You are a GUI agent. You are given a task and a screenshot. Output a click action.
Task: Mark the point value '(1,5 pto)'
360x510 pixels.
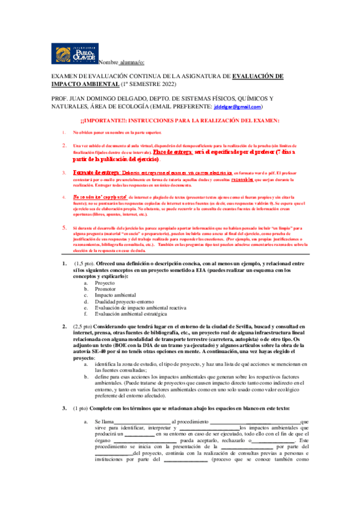tap(84, 263)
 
